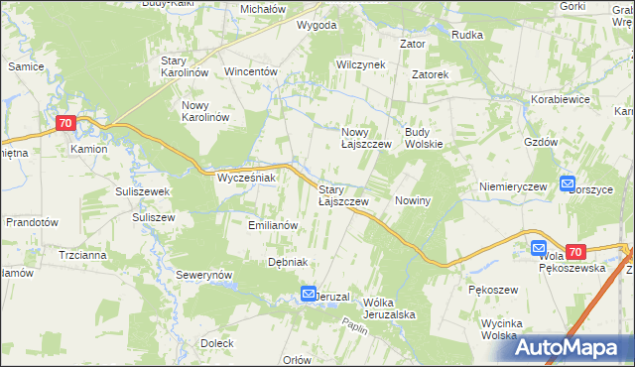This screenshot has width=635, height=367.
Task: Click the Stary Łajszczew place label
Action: pyautogui.click(x=343, y=194)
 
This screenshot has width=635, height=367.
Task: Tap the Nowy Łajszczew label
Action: pyautogui.click(x=367, y=137)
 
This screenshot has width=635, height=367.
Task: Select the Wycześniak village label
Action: pyautogui.click(x=244, y=178)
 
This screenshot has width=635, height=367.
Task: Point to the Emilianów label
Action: pyautogui.click(x=273, y=225)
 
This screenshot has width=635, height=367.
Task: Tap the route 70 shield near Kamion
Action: pyautogui.click(x=65, y=123)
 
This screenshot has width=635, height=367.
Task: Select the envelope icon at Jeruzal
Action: pyautogui.click(x=309, y=294)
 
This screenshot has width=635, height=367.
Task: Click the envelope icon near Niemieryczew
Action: pyautogui.click(x=568, y=183)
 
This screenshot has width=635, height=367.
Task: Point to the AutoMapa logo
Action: pyautogui.click(x=573, y=347)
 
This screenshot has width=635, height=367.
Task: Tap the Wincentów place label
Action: pyautogui.click(x=251, y=72)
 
